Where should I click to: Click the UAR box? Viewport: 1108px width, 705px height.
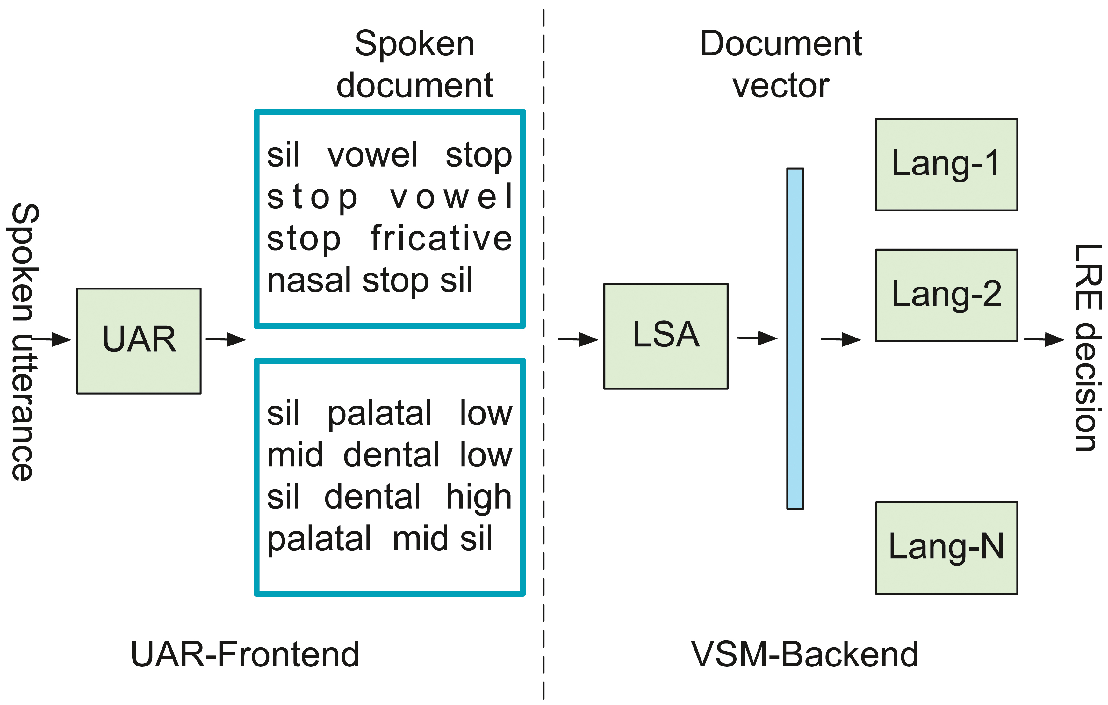coord(139,341)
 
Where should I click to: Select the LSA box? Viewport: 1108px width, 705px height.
coord(666,336)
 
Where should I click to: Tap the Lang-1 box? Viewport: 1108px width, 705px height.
coord(946,165)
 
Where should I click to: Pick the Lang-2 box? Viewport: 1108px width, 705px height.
coord(946,295)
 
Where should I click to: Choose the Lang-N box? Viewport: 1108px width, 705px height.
coord(946,548)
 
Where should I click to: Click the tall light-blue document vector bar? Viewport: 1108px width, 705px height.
coord(795,339)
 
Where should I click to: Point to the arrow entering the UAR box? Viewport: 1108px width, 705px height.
coord(51,339)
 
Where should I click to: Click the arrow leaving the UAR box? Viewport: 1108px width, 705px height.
coord(226,339)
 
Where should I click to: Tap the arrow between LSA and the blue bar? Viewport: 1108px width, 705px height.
coord(757,338)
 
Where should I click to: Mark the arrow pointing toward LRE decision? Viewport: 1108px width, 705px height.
coord(1044,339)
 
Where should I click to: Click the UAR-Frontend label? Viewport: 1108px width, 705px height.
coord(245,654)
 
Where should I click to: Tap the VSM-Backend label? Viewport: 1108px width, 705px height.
coord(805,654)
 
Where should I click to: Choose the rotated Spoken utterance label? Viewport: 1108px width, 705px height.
coord(23,342)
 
